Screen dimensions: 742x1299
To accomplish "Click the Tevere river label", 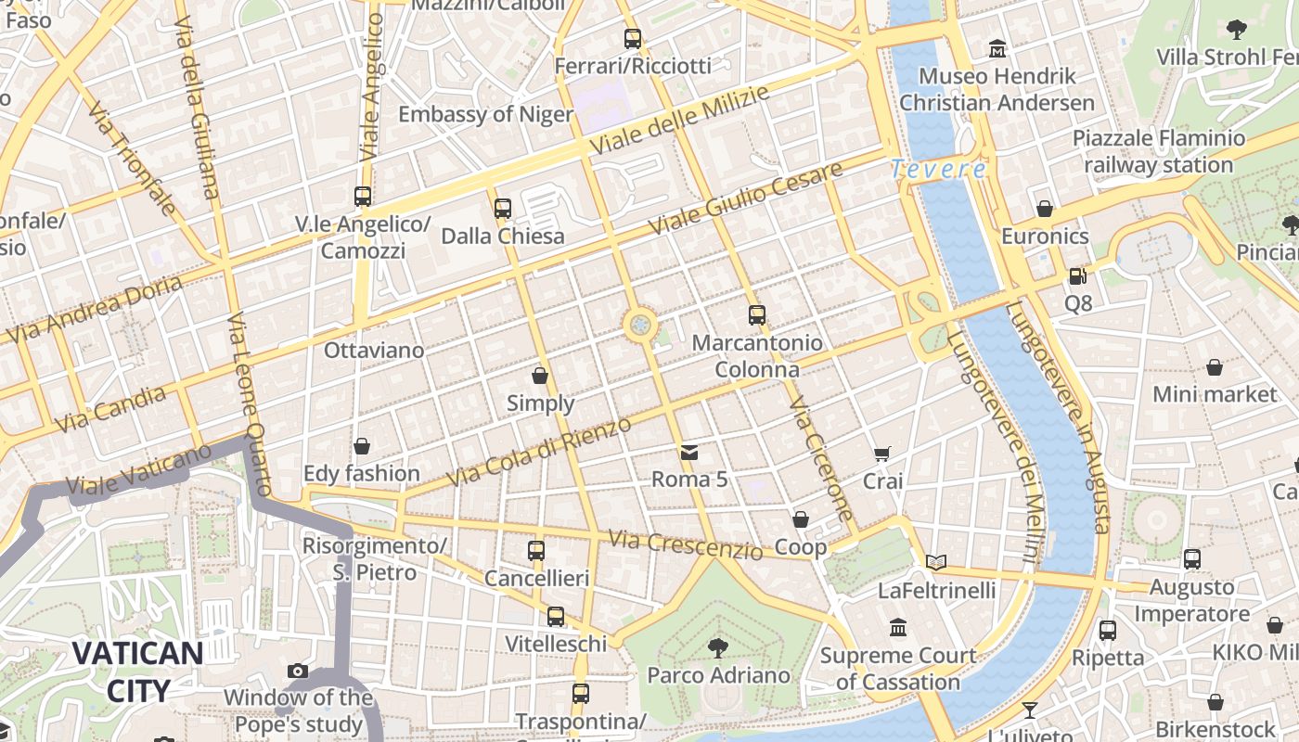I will point(938,169).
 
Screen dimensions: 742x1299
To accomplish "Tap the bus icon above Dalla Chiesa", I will point(503,209).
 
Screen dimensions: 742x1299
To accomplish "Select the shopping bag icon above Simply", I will point(540,376).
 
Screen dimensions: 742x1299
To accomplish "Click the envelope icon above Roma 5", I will point(689,453).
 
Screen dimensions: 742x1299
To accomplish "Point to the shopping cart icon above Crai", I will point(882,454).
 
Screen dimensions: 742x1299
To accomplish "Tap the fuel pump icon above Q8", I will point(1077,275).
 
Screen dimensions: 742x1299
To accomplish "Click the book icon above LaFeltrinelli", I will point(936,562).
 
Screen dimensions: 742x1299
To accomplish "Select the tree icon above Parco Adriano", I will point(717,647).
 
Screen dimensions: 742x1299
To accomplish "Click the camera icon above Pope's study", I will point(298,671).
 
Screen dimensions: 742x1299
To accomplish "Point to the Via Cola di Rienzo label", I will point(539,452).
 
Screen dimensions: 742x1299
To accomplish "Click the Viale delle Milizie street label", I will point(680,121).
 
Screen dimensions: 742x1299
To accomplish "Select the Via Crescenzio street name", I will point(686,544).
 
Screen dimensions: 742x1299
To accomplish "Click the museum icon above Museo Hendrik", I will point(997,48).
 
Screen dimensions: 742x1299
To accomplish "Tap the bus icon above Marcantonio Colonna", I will point(757,315).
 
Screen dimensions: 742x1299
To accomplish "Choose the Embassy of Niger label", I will point(485,114).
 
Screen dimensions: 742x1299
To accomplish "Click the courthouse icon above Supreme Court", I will point(898,628).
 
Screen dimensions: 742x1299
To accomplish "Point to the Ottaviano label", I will point(374,351).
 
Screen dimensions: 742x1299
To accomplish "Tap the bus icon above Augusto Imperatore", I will point(1192,559).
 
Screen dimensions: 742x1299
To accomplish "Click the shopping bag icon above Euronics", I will point(1045,209).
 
